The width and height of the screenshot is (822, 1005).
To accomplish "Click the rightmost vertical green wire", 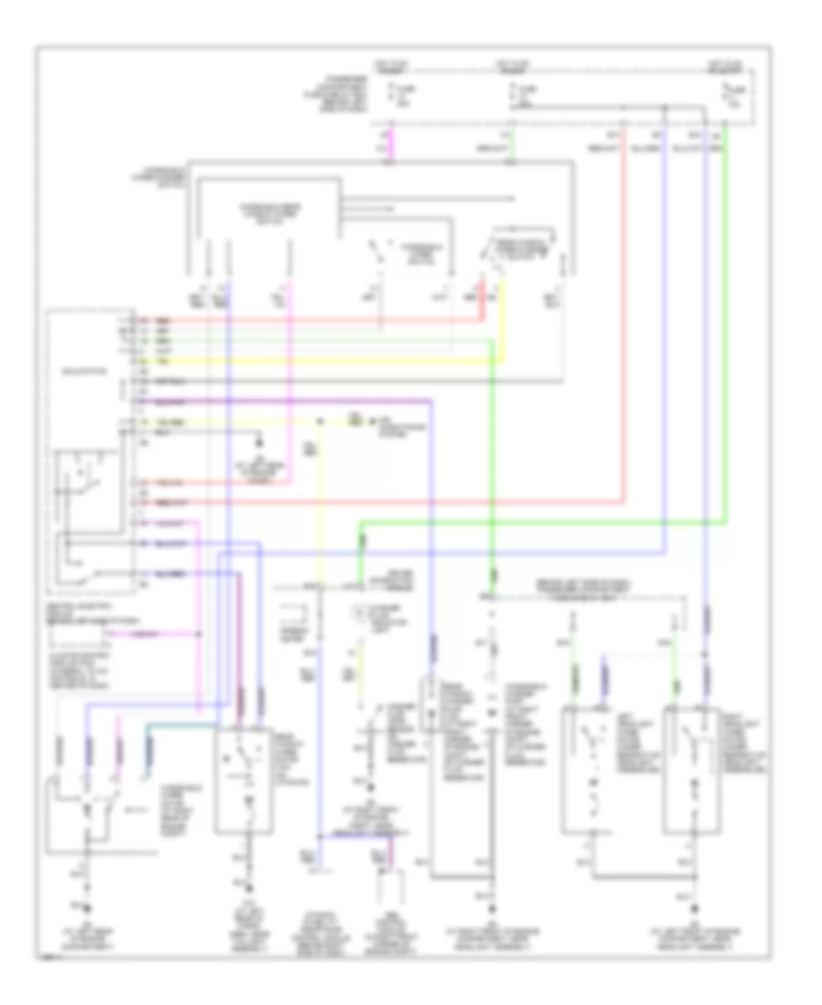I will click(x=725, y=320).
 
